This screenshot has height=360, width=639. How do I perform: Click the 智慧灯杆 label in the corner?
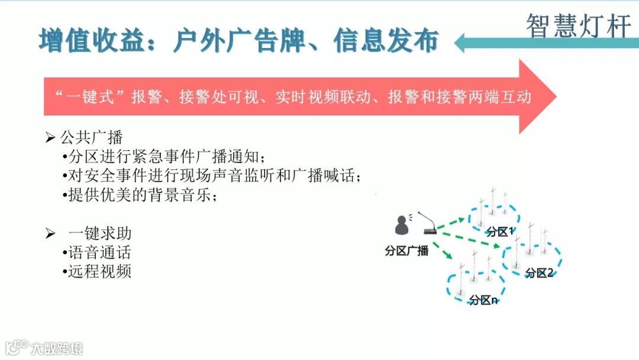pos(578,25)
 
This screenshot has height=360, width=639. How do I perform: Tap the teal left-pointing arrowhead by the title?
pos(464,43)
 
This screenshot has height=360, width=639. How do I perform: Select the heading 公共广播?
pos(91,138)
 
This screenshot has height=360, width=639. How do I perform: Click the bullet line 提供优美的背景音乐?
pos(140,195)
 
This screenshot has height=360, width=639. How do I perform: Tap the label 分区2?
pos(539,273)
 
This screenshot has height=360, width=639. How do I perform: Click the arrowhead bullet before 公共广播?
pos(50,138)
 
